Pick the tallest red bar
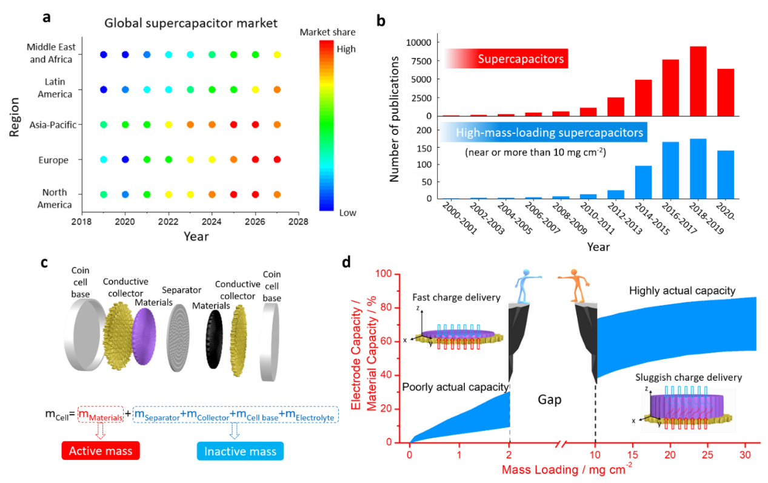pyautogui.click(x=698, y=80)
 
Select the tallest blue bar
pyautogui.click(x=698, y=168)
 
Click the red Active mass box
pyautogui.click(x=101, y=451)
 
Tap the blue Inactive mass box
pyautogui.click(x=240, y=452)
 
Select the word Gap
pyautogui.click(x=550, y=400)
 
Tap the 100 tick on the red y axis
pyautogui.click(x=384, y=274)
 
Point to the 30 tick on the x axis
pyautogui.click(x=746, y=454)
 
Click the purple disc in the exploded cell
pyautogui.click(x=144, y=336)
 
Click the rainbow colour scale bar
pyautogui.click(x=326, y=125)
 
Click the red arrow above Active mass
pyautogui.click(x=101, y=430)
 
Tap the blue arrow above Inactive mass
pyautogui.click(x=234, y=430)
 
